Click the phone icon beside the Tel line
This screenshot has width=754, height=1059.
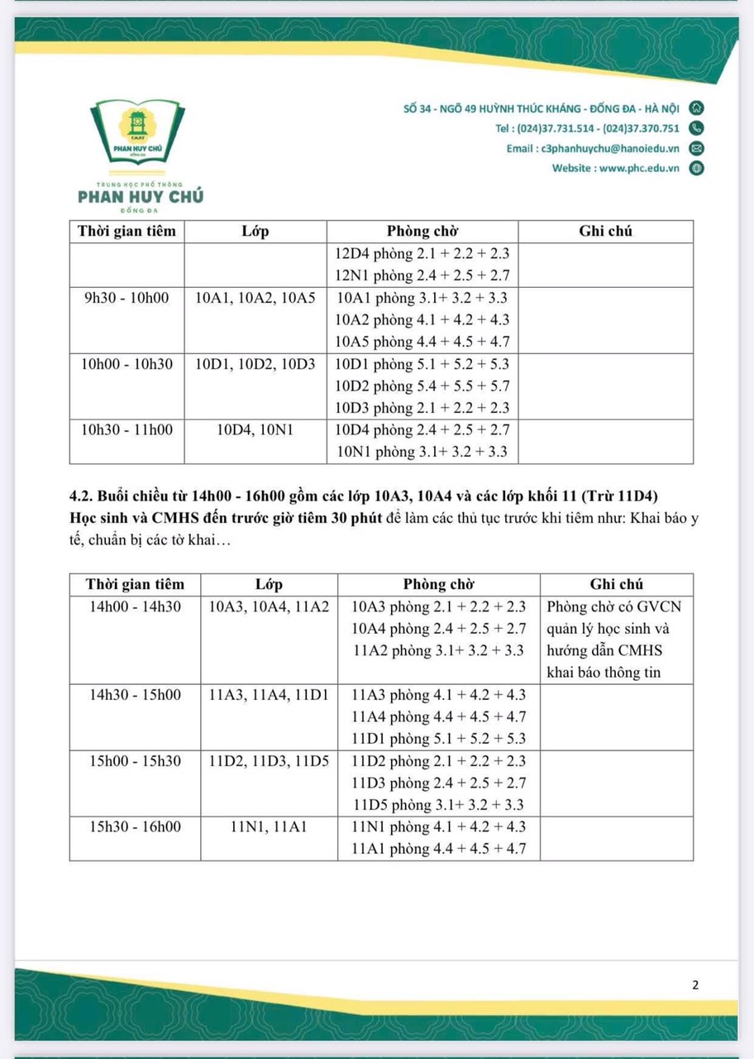point(696,128)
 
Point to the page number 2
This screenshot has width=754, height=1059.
point(695,985)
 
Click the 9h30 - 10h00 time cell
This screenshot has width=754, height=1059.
point(126,298)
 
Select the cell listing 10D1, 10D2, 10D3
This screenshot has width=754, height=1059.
point(255,364)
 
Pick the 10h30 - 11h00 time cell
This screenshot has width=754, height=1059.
point(126,430)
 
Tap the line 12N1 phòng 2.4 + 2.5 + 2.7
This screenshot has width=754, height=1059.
point(422,276)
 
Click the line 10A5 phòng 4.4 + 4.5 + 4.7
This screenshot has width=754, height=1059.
point(422,342)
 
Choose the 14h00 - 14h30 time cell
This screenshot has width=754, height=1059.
point(135,606)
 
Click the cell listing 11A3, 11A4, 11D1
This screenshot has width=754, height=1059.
point(269,695)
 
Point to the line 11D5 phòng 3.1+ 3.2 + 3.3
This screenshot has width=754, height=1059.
point(438,805)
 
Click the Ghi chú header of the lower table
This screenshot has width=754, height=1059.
point(616,584)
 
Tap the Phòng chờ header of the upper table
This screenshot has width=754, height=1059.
point(422,232)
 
